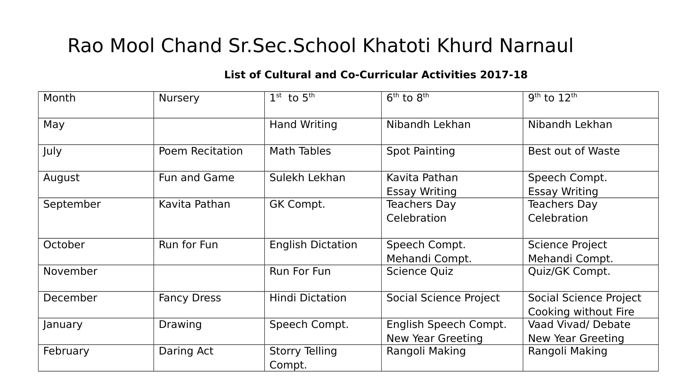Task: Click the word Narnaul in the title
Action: point(536,46)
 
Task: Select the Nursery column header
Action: point(179,98)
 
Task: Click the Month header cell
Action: point(59,98)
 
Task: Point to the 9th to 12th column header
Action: point(552,98)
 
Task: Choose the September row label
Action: point(72,204)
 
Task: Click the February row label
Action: point(66,351)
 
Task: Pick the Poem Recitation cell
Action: point(200,151)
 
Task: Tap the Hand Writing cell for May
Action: point(303,125)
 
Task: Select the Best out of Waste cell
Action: point(573,151)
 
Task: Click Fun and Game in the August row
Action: point(196,178)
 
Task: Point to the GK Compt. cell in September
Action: point(297,204)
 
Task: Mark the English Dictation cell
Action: point(313,245)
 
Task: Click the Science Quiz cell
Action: point(420,271)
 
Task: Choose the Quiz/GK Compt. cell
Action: point(569,271)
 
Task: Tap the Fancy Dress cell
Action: point(189,298)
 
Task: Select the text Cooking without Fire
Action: point(581,312)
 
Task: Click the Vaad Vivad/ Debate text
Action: point(579,324)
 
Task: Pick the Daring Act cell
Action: point(186,351)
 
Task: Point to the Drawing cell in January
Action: point(180,324)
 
